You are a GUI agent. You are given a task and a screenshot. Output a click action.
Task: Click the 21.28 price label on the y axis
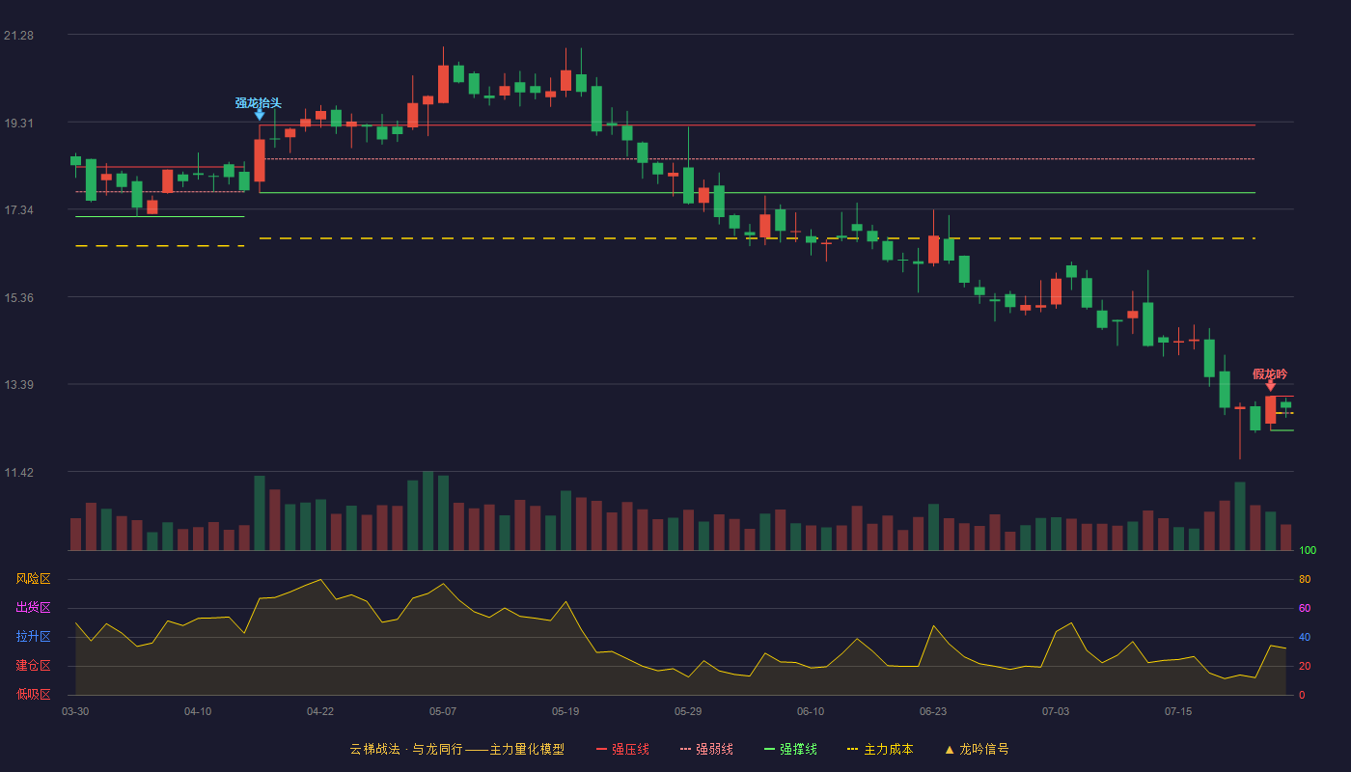pos(18,36)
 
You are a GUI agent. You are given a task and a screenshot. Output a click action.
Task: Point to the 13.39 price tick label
pos(18,385)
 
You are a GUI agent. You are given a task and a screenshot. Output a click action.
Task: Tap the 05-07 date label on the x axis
pos(443,712)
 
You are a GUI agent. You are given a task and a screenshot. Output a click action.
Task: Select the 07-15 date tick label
pos(1178,712)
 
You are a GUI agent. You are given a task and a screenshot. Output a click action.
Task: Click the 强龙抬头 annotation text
pos(259,103)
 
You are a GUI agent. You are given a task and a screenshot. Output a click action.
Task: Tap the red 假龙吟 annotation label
pos(1270,374)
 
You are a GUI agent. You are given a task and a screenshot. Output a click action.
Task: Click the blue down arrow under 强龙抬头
pos(260,115)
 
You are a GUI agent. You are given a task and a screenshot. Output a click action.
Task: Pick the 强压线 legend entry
pos(623,749)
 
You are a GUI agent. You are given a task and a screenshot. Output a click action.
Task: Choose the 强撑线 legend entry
pos(790,749)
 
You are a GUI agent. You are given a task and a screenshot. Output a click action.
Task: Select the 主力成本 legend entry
pos(880,749)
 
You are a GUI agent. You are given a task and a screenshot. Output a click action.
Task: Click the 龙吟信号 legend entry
pos(977,749)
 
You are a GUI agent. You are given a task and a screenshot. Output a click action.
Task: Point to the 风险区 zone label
pos(33,579)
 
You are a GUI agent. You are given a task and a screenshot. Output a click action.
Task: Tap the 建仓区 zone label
pos(33,666)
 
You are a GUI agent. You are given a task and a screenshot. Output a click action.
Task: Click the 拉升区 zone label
pos(33,637)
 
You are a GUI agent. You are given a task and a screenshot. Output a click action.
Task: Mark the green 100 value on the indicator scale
pos(1308,550)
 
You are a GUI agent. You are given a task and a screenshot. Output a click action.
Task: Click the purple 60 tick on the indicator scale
pos(1305,608)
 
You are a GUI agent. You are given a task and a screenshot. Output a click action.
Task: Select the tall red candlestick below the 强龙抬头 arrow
pos(260,160)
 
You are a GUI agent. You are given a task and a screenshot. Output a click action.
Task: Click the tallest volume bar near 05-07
pos(427,510)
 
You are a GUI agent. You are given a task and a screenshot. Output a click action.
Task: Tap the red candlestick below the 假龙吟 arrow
pos(1270,410)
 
